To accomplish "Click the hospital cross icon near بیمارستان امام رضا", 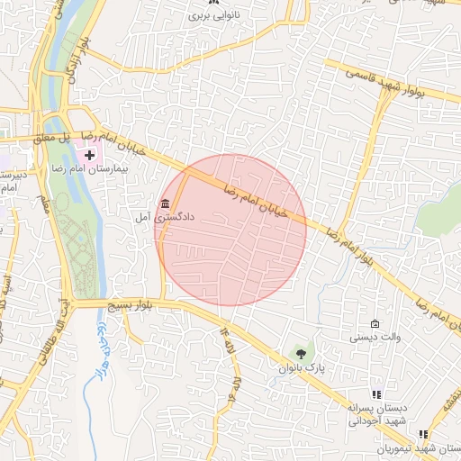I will (x=88, y=155).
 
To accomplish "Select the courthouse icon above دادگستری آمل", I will (x=164, y=203).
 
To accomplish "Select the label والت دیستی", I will (x=375, y=339).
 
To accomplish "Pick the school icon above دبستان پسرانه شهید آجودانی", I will (x=376, y=394).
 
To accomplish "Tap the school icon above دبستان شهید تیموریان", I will (x=423, y=435).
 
